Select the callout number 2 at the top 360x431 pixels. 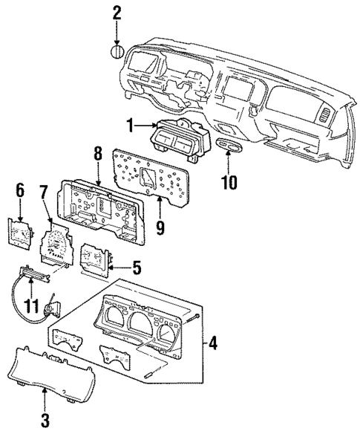coord(117,12)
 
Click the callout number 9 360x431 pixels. coord(159,230)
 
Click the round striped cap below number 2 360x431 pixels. coord(117,52)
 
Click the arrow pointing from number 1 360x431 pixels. coord(144,129)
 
